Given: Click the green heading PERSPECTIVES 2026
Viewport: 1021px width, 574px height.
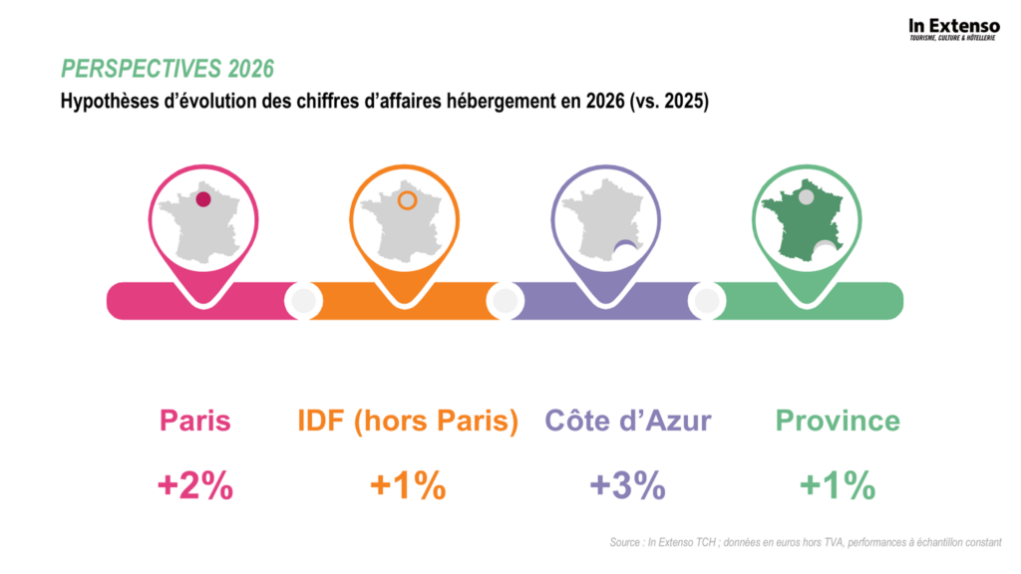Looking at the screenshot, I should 168,69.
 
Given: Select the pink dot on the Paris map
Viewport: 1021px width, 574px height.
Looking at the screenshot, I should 203,199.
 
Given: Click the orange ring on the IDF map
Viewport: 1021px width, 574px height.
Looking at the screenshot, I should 407,200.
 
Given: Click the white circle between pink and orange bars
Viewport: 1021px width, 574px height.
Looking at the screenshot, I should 303,299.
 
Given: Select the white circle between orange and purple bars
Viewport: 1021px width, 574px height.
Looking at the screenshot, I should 505,299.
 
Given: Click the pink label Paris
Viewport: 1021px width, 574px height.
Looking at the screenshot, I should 195,421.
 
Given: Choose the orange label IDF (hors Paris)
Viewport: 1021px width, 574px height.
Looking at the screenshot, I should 408,421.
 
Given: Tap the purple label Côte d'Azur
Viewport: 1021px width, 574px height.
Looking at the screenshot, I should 628,421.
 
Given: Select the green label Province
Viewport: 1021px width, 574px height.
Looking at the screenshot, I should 838,421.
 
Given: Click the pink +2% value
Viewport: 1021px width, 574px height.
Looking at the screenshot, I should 195,486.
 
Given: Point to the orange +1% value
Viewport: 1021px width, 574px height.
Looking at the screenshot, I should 407,486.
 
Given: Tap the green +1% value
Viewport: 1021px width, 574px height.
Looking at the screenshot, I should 838,486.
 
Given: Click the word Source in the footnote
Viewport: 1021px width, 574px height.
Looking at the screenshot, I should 625,543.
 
